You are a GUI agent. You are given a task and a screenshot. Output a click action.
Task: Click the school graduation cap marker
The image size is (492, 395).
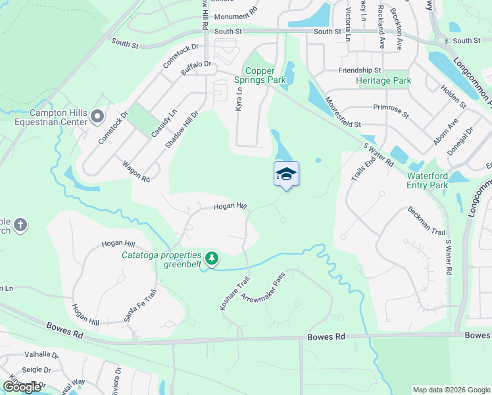click(x=286, y=174)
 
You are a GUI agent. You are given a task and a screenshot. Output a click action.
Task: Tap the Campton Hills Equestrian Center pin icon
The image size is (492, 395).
click(x=97, y=117)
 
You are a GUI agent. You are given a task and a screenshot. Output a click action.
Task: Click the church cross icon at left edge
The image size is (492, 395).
click(x=20, y=226)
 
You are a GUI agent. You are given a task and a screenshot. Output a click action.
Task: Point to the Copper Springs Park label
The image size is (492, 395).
click(x=265, y=75)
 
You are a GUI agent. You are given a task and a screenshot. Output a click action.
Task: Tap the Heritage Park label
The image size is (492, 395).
click(x=383, y=80)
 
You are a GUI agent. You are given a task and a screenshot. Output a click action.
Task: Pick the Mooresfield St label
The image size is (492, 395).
click(x=339, y=123)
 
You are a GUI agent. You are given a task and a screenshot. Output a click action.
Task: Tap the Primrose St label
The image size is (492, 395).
click(x=390, y=110)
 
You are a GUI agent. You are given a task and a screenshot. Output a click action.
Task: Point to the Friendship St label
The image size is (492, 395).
click(x=360, y=70)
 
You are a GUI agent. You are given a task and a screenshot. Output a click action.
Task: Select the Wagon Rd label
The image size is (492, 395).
click(x=135, y=169)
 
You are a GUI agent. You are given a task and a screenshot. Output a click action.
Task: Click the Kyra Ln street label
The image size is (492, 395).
click(x=239, y=99)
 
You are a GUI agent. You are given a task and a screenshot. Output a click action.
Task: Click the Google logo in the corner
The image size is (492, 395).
click(x=22, y=387)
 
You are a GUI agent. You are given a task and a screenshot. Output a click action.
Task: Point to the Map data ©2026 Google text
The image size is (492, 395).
click(x=451, y=390)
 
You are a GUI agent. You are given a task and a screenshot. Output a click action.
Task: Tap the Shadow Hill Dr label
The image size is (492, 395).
click(x=182, y=129)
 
